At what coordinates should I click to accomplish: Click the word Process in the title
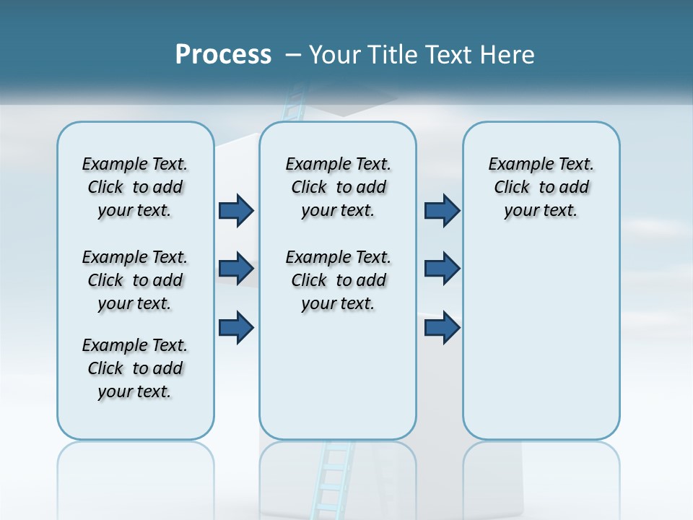tap(223, 55)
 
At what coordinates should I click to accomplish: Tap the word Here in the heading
tap(507, 55)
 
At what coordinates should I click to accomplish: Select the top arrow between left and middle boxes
tap(236, 210)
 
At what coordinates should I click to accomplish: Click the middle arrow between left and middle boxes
tap(236, 269)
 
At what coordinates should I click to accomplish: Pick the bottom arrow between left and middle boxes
tap(236, 327)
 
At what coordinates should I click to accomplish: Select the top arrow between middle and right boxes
tap(442, 210)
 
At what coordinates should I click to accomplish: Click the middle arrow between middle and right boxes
tap(442, 269)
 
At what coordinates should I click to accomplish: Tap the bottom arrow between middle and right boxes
tap(442, 327)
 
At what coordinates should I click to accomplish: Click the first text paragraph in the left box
tap(135, 187)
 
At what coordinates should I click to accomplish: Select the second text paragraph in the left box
tap(135, 280)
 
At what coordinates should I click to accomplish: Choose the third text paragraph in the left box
tap(135, 368)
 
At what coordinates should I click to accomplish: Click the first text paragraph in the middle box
tap(338, 187)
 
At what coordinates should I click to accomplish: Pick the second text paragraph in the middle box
tap(338, 280)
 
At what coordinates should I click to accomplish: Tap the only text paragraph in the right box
tap(541, 187)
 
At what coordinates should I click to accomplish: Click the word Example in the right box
tap(515, 165)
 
